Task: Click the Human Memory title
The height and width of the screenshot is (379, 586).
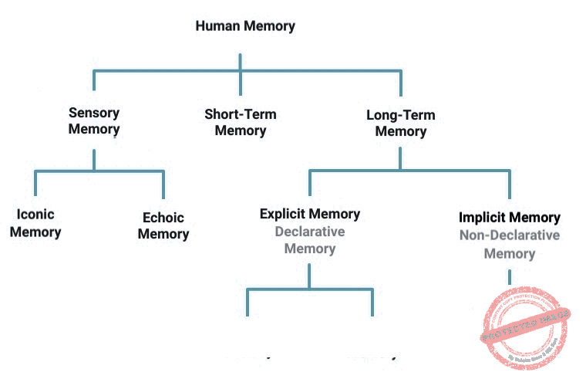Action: click(245, 26)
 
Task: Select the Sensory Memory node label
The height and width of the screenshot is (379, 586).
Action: click(94, 120)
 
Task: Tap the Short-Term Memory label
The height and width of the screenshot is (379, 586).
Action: click(241, 123)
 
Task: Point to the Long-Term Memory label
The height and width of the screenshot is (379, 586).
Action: click(400, 124)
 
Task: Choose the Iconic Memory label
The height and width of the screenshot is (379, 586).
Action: click(35, 222)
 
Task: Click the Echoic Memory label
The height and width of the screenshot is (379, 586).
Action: click(163, 225)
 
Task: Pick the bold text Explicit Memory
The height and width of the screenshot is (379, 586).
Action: click(310, 214)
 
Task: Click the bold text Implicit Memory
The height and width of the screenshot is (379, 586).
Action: click(510, 218)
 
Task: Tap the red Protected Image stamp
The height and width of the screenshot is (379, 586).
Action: click(525, 328)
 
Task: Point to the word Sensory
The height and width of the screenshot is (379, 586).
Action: click(94, 112)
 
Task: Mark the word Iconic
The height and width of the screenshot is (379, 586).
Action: click(35, 214)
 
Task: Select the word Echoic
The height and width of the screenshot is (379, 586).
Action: click(163, 218)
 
